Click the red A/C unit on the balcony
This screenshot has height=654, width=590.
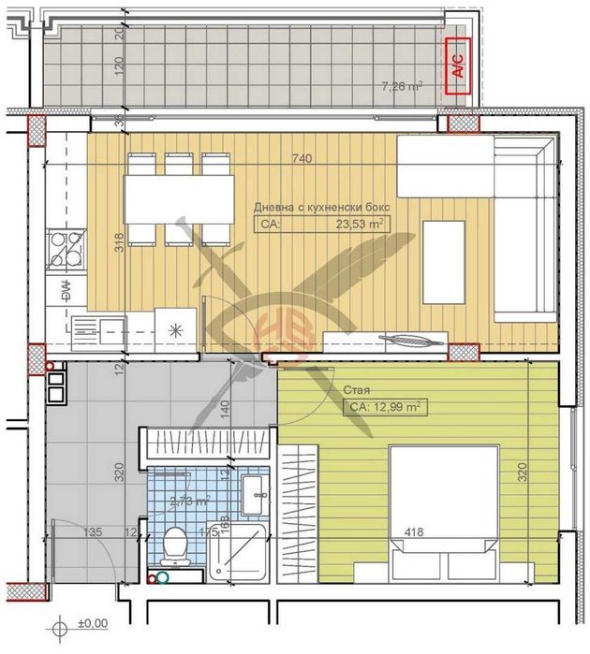458,66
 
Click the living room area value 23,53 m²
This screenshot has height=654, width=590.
362,224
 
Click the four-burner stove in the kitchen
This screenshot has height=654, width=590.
65,247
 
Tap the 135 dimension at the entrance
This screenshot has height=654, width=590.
92,532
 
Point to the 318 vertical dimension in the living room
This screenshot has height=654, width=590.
119,245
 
